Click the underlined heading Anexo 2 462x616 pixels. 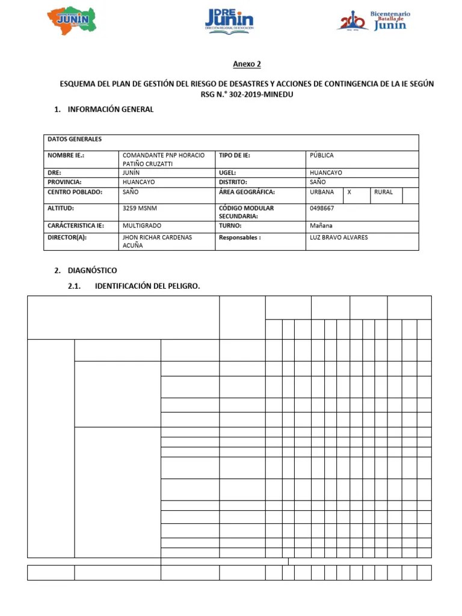[247, 64]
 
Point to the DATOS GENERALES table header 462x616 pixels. [75, 139]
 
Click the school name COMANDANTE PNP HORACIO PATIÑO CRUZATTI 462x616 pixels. [163, 159]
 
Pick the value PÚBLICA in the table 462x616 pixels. [322, 155]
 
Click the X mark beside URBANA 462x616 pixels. [350, 192]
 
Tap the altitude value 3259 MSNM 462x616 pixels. [140, 208]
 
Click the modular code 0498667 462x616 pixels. [322, 208]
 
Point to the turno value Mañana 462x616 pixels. [321, 226]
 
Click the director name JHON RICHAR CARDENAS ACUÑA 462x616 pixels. [157, 241]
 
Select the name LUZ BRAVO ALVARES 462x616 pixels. [339, 238]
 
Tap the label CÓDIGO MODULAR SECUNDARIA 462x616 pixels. [246, 212]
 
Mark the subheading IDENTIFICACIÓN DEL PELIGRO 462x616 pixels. [147, 286]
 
